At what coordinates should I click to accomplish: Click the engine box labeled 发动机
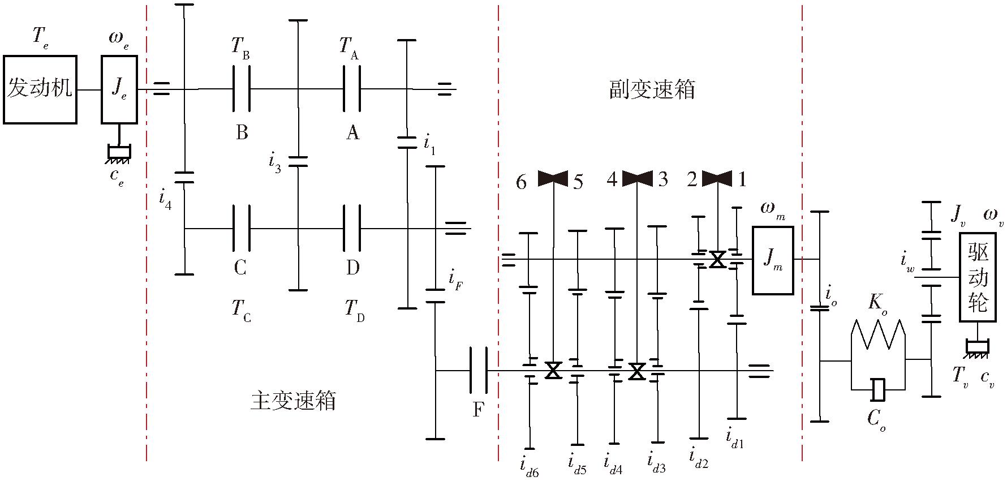click(x=40, y=89)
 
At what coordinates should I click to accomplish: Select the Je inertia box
click(x=119, y=89)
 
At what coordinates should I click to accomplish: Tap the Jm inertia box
click(x=772, y=260)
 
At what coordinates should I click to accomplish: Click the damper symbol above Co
click(x=879, y=389)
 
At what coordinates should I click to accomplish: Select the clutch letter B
click(x=242, y=132)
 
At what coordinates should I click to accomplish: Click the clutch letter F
click(x=478, y=409)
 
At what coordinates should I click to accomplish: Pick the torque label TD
click(x=354, y=310)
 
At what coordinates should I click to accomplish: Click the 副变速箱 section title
click(x=652, y=89)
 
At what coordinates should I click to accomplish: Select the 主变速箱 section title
click(x=293, y=400)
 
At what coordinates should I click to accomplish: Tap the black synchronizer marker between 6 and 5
click(x=553, y=179)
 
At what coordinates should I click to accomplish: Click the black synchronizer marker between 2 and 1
click(x=717, y=179)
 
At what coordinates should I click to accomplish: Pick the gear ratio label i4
click(x=165, y=200)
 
